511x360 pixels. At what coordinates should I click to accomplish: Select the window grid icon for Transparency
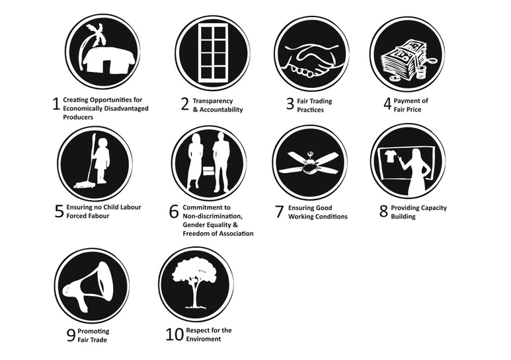(x=214, y=53)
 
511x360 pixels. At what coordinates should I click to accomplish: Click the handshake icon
(x=311, y=60)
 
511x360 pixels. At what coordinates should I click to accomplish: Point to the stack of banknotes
(x=400, y=59)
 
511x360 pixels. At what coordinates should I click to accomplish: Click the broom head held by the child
(x=84, y=185)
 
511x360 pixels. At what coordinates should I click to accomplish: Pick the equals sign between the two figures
(x=208, y=171)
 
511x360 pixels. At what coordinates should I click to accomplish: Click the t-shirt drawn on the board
(x=389, y=157)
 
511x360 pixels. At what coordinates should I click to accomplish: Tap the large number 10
(x=175, y=334)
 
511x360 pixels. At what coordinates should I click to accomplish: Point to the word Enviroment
(x=204, y=339)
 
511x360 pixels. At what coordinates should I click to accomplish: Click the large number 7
(x=279, y=211)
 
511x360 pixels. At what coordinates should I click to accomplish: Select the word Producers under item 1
(x=78, y=117)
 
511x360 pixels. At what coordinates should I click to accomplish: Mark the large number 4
(x=387, y=104)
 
